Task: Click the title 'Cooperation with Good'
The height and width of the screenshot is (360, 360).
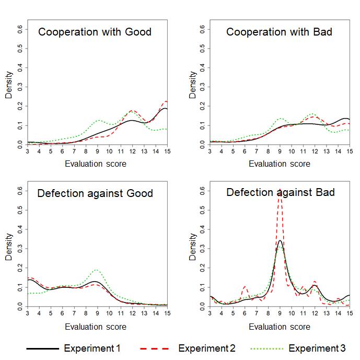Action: (x=95, y=32)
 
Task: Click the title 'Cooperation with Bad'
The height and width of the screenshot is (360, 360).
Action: (x=279, y=32)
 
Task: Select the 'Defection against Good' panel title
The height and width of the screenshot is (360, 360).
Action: (x=95, y=193)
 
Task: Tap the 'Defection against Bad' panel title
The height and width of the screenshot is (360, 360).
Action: (x=280, y=192)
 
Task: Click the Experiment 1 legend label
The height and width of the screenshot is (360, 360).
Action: (x=93, y=348)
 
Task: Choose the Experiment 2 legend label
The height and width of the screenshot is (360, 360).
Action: (x=207, y=348)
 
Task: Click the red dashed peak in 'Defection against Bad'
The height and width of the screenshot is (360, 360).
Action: (x=280, y=190)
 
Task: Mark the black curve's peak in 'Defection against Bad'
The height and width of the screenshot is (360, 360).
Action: (x=280, y=241)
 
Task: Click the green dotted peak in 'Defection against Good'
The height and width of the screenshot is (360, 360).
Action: (x=96, y=270)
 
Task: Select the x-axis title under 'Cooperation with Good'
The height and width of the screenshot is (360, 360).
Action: (x=96, y=164)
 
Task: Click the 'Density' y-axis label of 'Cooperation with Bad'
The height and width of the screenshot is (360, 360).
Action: (x=193, y=86)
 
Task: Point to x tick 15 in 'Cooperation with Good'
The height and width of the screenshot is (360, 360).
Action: (x=167, y=152)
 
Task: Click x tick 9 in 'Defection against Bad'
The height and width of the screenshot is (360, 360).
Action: (x=280, y=313)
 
